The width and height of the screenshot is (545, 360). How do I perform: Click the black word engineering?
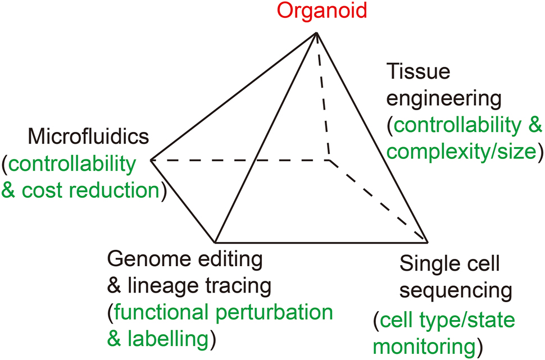pos(443,98)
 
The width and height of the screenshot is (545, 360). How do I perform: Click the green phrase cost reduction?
pos(90,190)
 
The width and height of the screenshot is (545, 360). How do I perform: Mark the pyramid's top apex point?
pos(317,33)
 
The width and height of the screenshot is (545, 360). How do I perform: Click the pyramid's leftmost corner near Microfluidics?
pos(151,161)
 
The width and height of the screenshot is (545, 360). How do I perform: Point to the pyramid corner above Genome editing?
pos(215,243)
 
